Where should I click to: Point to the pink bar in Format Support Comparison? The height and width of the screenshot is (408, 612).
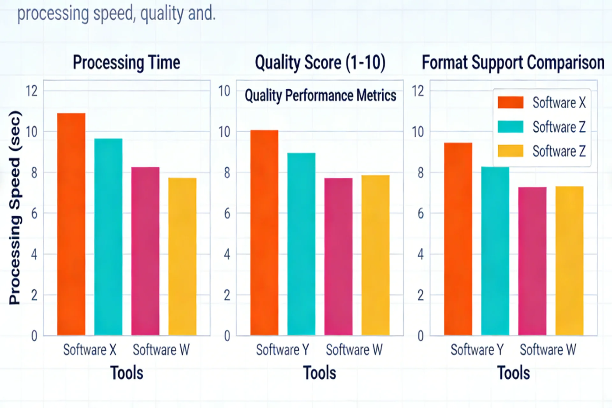(x=532, y=261)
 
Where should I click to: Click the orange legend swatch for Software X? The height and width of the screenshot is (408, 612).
(x=511, y=103)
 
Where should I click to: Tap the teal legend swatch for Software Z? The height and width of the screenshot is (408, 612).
(x=511, y=127)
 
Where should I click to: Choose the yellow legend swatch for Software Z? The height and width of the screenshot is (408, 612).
(x=511, y=151)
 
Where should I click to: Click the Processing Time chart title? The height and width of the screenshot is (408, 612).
(x=127, y=62)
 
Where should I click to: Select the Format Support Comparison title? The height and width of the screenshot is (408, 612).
(x=513, y=62)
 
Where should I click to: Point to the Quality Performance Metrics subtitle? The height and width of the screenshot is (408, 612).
(x=320, y=96)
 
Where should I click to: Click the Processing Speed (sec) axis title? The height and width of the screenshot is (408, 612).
(x=15, y=208)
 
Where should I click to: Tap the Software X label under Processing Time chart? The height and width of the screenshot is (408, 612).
(x=90, y=350)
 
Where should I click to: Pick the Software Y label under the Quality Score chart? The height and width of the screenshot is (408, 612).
(x=282, y=350)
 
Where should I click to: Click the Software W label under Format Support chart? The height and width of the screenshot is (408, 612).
(x=548, y=350)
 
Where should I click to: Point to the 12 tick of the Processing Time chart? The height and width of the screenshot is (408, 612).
(x=32, y=91)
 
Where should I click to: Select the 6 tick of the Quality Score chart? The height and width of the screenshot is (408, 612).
(x=227, y=214)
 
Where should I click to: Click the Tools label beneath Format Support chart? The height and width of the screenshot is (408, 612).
(x=514, y=373)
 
